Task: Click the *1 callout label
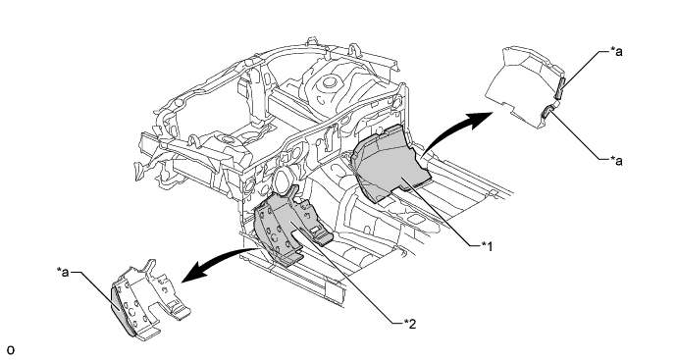pyautogui.click(x=487, y=246)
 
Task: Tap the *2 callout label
pyautogui.click(x=410, y=324)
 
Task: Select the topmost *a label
pyautogui.click(x=616, y=51)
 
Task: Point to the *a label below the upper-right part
pyautogui.click(x=616, y=161)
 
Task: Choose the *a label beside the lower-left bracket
pyautogui.click(x=63, y=272)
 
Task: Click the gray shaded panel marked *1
pyautogui.click(x=391, y=164)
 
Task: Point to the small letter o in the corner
pyautogui.click(x=11, y=350)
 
